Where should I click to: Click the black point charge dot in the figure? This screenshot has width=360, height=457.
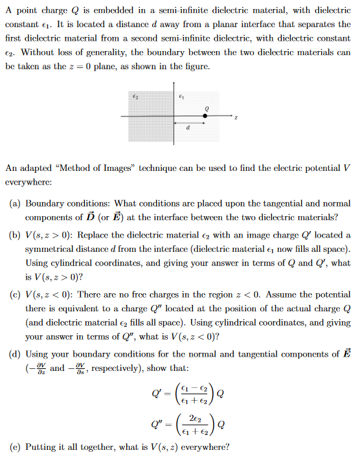point(206,116)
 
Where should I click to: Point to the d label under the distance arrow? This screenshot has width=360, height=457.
point(188,128)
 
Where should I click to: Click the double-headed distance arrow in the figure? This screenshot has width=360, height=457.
point(188,122)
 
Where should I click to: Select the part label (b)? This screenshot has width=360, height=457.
point(15,234)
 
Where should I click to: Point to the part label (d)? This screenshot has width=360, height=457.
point(15,353)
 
